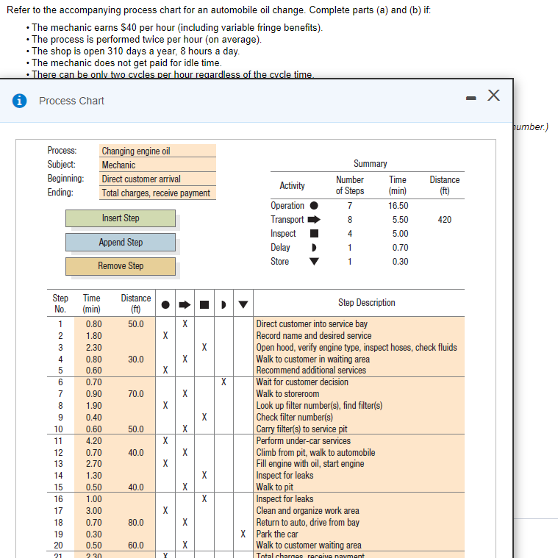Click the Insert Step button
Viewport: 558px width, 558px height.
tap(121, 218)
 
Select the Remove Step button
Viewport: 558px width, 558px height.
tap(121, 266)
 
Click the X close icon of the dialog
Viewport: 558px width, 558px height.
tap(493, 95)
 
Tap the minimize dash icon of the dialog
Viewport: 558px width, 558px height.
tap(471, 96)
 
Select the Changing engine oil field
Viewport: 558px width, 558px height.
tap(158, 151)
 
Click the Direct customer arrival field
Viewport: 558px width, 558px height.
tap(158, 179)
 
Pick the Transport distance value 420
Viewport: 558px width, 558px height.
tap(444, 220)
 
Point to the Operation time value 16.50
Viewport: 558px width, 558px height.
tap(398, 206)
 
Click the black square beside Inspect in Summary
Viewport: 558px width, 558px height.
tap(313, 234)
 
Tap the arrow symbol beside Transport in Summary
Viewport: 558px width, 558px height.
tap(314, 220)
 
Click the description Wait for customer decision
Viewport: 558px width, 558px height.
tap(302, 382)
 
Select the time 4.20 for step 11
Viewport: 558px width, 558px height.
tap(93, 441)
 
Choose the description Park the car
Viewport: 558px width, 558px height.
tap(277, 534)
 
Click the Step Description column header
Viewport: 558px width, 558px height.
tap(366, 303)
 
